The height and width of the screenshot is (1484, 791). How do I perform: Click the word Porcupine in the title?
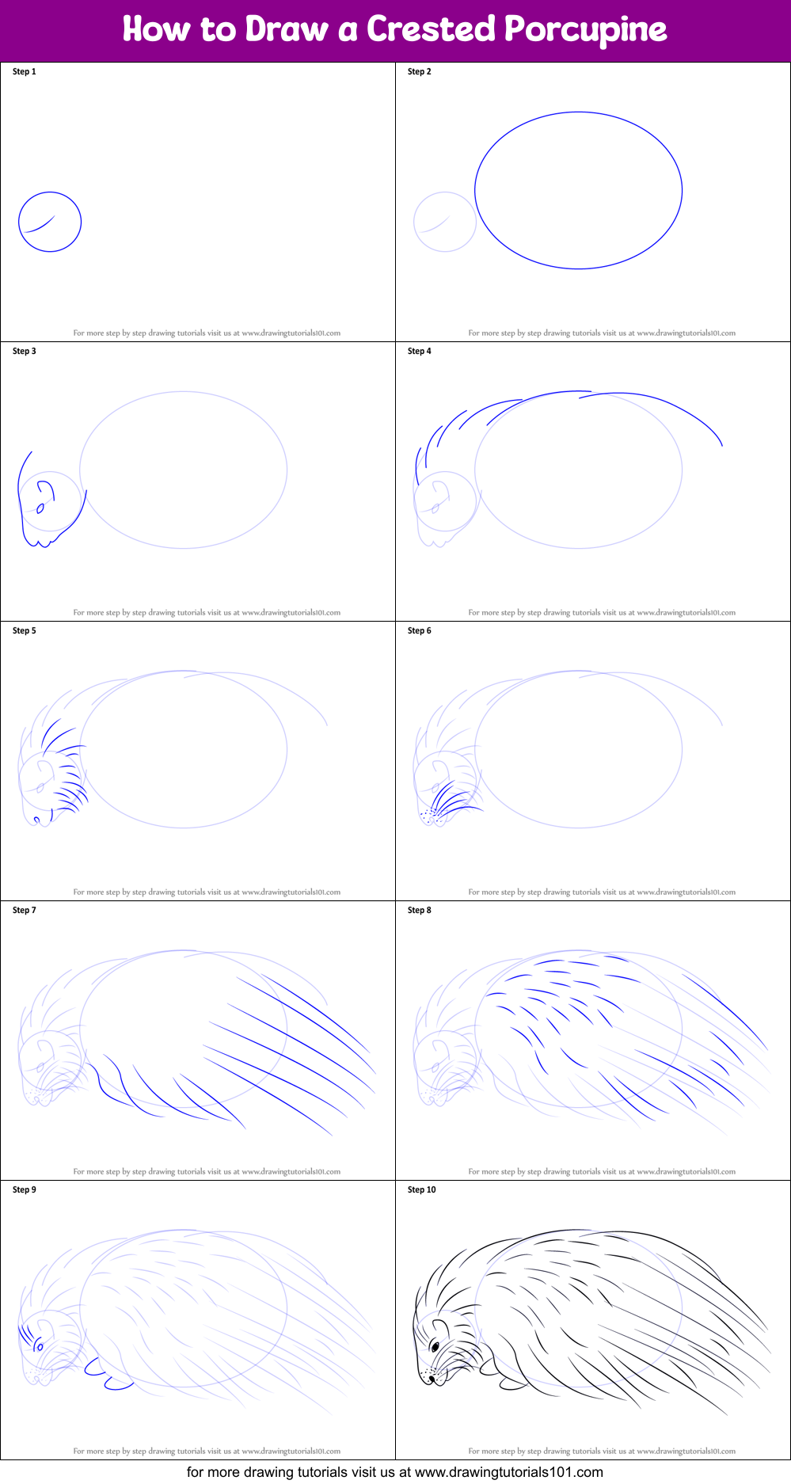click(x=586, y=30)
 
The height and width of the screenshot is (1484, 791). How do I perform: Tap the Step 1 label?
click(x=25, y=71)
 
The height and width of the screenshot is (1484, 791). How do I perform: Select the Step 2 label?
click(x=420, y=71)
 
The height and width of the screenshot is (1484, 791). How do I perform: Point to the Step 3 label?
click(x=25, y=351)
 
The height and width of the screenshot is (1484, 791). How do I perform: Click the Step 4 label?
click(x=420, y=351)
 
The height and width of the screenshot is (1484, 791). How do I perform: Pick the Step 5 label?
click(x=25, y=630)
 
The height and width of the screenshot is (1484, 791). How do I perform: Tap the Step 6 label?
click(x=420, y=630)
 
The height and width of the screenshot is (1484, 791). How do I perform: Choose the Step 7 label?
click(x=25, y=910)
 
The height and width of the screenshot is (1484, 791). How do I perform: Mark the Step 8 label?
click(x=420, y=910)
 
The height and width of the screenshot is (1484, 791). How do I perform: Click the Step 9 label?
click(x=25, y=1189)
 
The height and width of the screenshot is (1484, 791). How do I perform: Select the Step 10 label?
click(x=422, y=1189)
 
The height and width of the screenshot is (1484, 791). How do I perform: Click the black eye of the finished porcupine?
click(x=435, y=1345)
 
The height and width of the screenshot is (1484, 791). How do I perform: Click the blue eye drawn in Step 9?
click(x=40, y=1346)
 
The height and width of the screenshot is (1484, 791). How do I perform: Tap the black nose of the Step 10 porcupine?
click(x=432, y=1379)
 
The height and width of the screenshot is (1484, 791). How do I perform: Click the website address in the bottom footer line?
click(x=508, y=1472)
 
